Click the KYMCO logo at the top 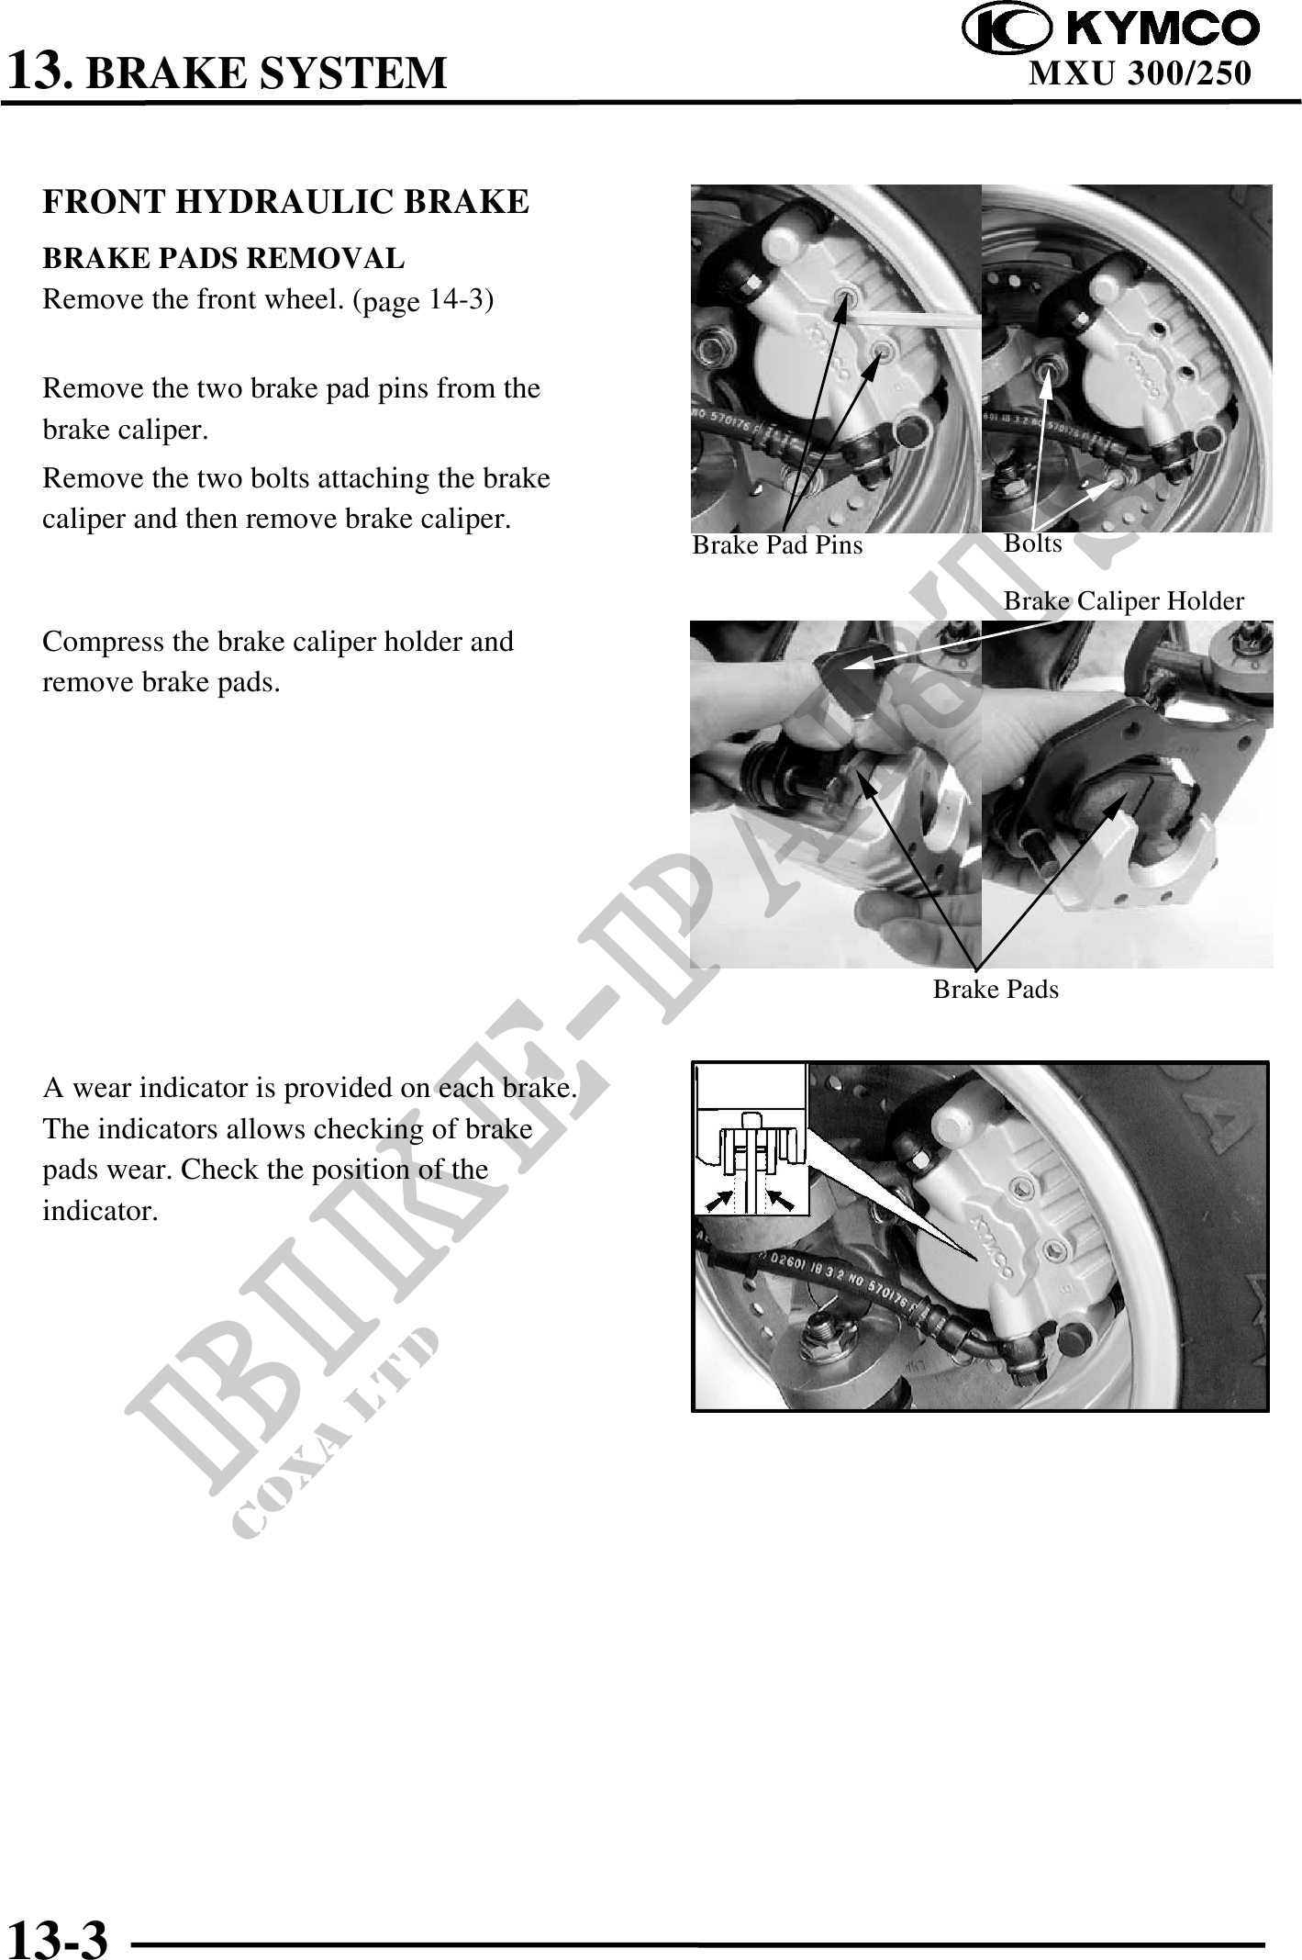pyautogui.click(x=1110, y=28)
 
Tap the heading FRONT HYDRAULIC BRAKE pyautogui.click(x=286, y=202)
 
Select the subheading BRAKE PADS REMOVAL pyautogui.click(x=224, y=259)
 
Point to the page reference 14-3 pyautogui.click(x=456, y=300)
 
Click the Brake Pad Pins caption pyautogui.click(x=777, y=545)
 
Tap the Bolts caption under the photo pyautogui.click(x=1033, y=543)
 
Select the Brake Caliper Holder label pyautogui.click(x=1124, y=601)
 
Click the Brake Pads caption pyautogui.click(x=996, y=990)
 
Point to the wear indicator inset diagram pyautogui.click(x=751, y=1138)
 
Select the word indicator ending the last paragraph pyautogui.click(x=100, y=1211)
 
